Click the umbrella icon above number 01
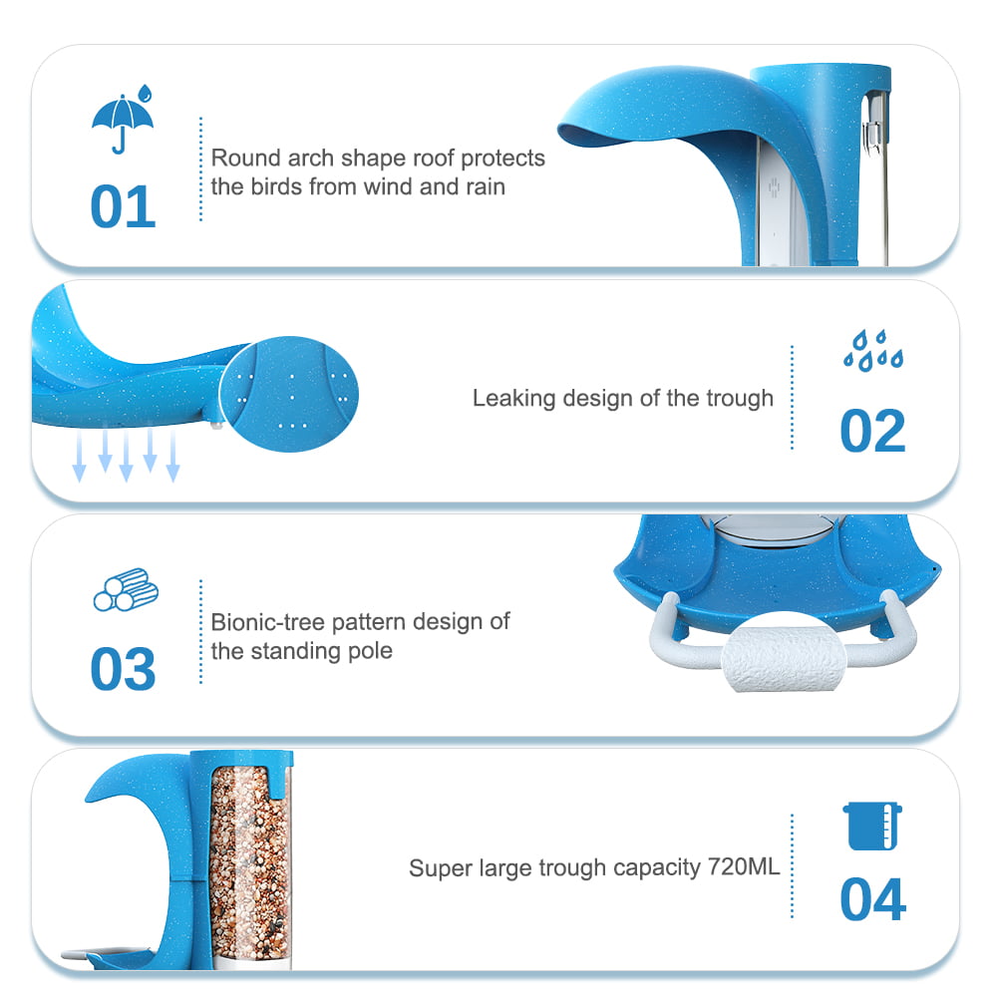(123, 122)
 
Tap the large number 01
(123, 206)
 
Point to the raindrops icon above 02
(872, 351)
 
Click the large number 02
(872, 431)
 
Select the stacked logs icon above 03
(125, 589)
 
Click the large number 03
(123, 669)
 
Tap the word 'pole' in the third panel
(371, 651)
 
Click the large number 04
(872, 900)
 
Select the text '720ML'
(744, 867)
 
